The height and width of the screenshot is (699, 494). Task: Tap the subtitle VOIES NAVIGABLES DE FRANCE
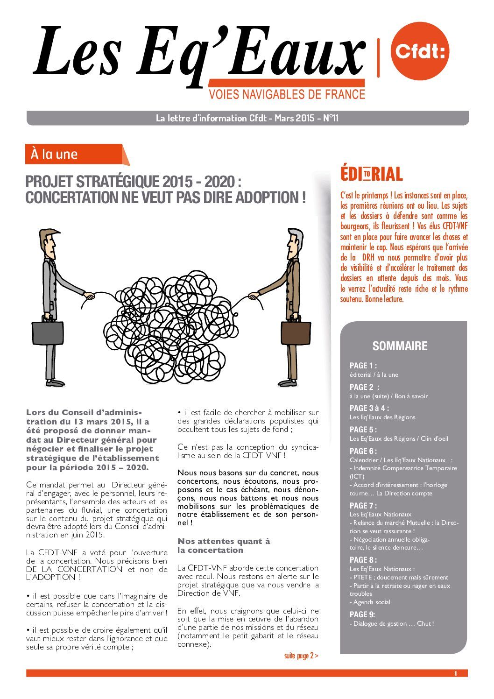point(287,94)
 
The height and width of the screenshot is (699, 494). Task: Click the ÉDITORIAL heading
point(371,174)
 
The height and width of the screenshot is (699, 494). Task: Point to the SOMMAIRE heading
point(400,346)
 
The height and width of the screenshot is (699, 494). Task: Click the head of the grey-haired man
point(294,242)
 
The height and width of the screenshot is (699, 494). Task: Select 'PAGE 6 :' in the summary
point(363,451)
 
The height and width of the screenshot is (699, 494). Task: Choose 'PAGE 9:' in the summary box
point(362,614)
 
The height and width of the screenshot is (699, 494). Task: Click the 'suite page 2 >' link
point(301,656)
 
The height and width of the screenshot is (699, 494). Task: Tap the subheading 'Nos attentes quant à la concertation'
point(224,545)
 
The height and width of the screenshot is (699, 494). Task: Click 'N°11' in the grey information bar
point(331,118)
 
